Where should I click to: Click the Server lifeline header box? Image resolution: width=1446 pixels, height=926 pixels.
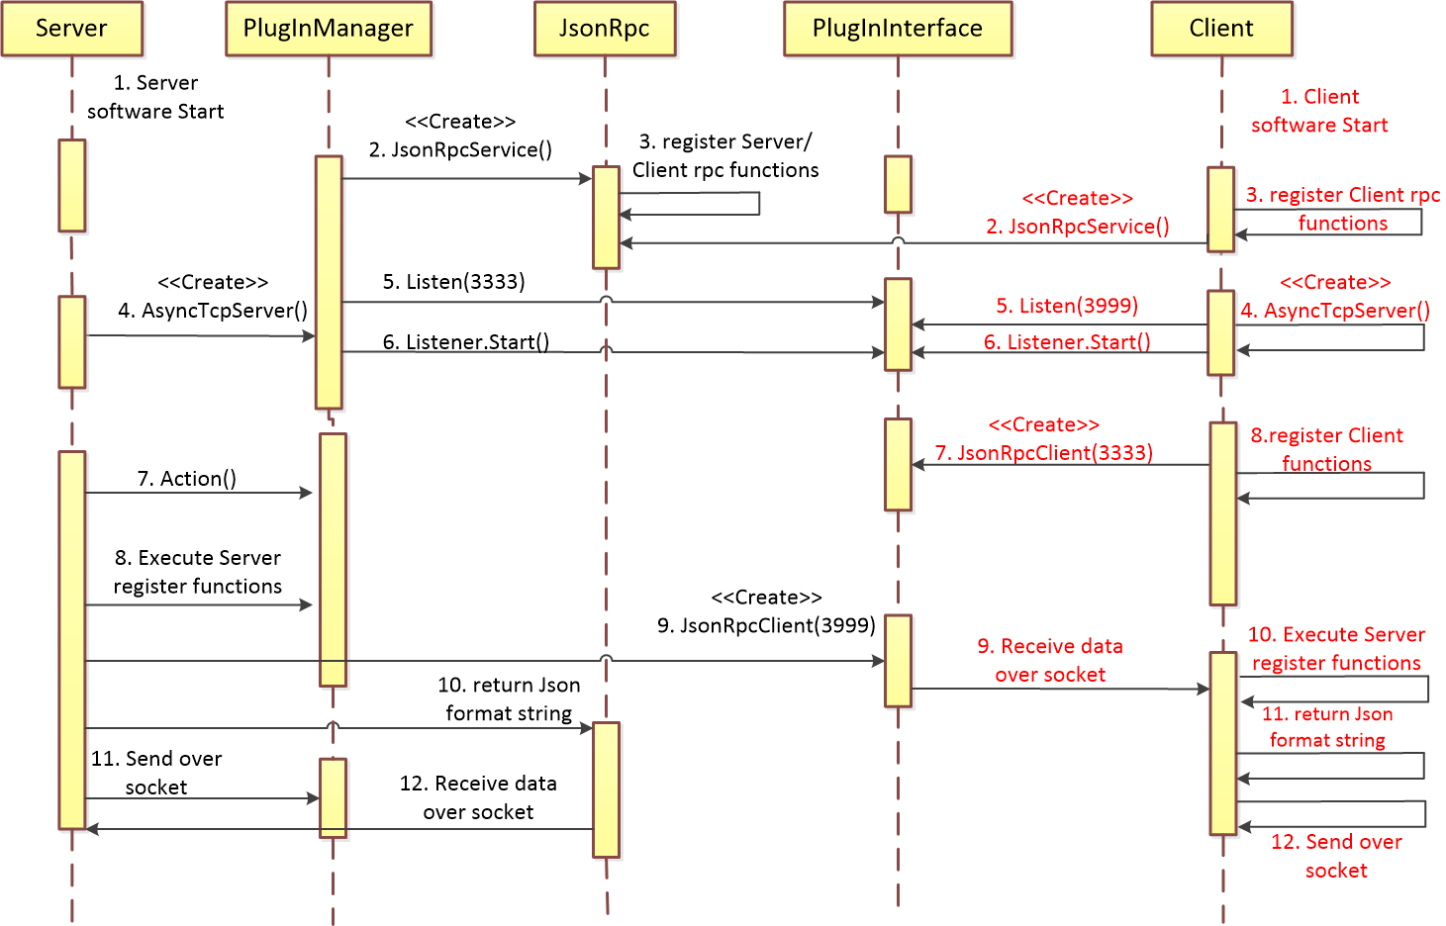click(x=71, y=29)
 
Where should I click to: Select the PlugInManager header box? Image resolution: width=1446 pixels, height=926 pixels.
click(x=328, y=29)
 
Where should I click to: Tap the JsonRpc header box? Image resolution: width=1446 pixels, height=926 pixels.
click(x=604, y=29)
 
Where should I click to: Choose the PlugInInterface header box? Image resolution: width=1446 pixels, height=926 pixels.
click(x=897, y=29)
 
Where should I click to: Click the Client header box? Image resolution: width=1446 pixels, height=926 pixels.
click(x=1220, y=29)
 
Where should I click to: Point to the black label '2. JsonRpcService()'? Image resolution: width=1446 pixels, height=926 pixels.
click(x=460, y=149)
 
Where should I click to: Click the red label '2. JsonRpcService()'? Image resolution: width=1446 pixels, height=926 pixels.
click(x=1077, y=227)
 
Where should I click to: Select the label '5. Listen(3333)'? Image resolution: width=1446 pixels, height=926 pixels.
click(x=453, y=282)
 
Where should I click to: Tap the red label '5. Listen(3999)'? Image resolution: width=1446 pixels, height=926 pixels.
click(x=1066, y=306)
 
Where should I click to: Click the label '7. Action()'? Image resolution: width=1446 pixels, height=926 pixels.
click(x=186, y=479)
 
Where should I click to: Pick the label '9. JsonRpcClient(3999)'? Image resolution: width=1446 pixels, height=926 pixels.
click(x=766, y=625)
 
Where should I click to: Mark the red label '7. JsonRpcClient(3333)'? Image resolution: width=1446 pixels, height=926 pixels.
click(x=1043, y=453)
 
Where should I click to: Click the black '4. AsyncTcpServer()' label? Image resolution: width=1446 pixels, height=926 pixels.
click(x=212, y=311)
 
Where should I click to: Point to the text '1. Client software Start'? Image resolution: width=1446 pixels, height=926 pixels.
click(x=1319, y=111)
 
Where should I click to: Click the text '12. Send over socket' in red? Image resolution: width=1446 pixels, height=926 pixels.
click(x=1335, y=856)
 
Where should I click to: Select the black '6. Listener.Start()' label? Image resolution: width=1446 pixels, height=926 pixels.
click(x=465, y=342)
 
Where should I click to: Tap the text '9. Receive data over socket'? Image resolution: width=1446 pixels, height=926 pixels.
click(x=1049, y=660)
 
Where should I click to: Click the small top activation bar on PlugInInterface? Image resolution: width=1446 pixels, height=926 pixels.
click(x=898, y=184)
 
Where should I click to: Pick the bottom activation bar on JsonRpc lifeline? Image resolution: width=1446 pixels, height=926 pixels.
click(x=606, y=788)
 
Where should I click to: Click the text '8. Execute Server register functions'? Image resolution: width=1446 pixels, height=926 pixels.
click(x=197, y=572)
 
